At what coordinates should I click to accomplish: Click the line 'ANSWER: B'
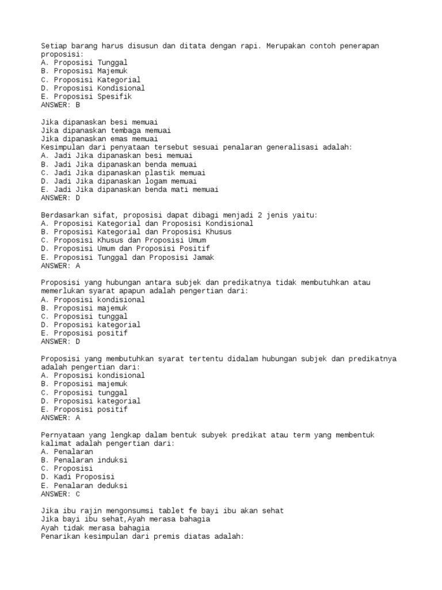(60, 105)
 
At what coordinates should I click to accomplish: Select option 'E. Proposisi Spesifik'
(86, 97)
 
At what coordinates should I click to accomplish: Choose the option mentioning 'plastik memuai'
(123, 173)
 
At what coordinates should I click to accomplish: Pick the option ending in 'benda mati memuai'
(129, 190)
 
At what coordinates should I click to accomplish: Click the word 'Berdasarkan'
(64, 215)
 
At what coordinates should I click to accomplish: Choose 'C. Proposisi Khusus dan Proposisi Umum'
(123, 240)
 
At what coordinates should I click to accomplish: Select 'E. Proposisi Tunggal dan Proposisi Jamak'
(127, 258)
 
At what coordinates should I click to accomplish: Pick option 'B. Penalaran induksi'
(84, 460)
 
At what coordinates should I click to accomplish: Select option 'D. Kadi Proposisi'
(78, 477)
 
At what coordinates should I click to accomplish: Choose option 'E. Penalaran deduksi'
(84, 486)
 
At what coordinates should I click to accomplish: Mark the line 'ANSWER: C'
(60, 494)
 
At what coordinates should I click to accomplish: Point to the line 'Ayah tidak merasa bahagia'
(95, 528)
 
